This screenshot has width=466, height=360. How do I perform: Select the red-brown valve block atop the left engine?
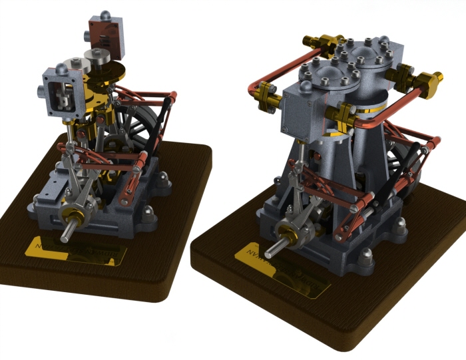[105, 37]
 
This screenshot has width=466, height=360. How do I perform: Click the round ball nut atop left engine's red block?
[104, 15]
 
